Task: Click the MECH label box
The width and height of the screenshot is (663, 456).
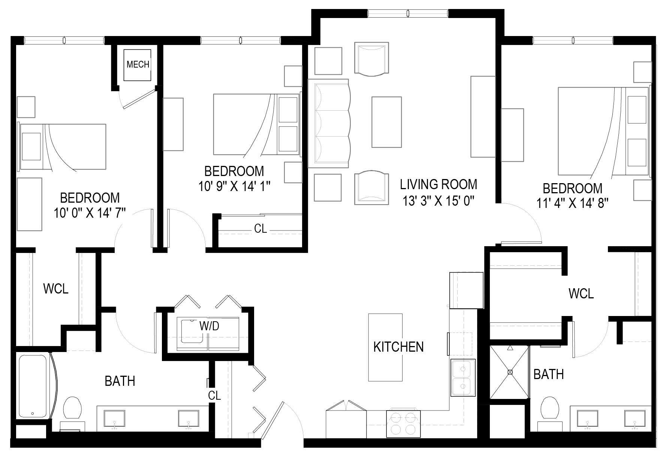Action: pos(138,65)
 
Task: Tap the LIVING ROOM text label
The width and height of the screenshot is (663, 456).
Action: pos(439,184)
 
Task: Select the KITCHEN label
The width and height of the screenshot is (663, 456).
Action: pos(398,347)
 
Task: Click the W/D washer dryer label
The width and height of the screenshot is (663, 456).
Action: pos(209,326)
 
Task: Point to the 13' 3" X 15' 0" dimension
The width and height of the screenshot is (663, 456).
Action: pos(439,202)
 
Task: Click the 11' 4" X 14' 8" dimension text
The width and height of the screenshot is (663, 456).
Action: pos(572,203)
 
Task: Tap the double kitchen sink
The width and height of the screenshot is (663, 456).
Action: pos(463,378)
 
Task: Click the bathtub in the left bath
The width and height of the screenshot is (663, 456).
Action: pos(33,386)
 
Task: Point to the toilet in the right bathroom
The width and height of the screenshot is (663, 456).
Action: pos(549,408)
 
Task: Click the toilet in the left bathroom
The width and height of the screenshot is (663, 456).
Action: pos(73,408)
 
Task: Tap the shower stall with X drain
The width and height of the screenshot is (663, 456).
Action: pos(510,372)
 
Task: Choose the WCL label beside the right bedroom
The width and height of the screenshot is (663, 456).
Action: pos(581,293)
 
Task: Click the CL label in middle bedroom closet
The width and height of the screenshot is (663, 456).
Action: pos(260,229)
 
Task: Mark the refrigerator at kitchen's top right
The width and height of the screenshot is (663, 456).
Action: pos(466,290)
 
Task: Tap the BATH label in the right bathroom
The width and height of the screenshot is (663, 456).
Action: pos(548,374)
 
